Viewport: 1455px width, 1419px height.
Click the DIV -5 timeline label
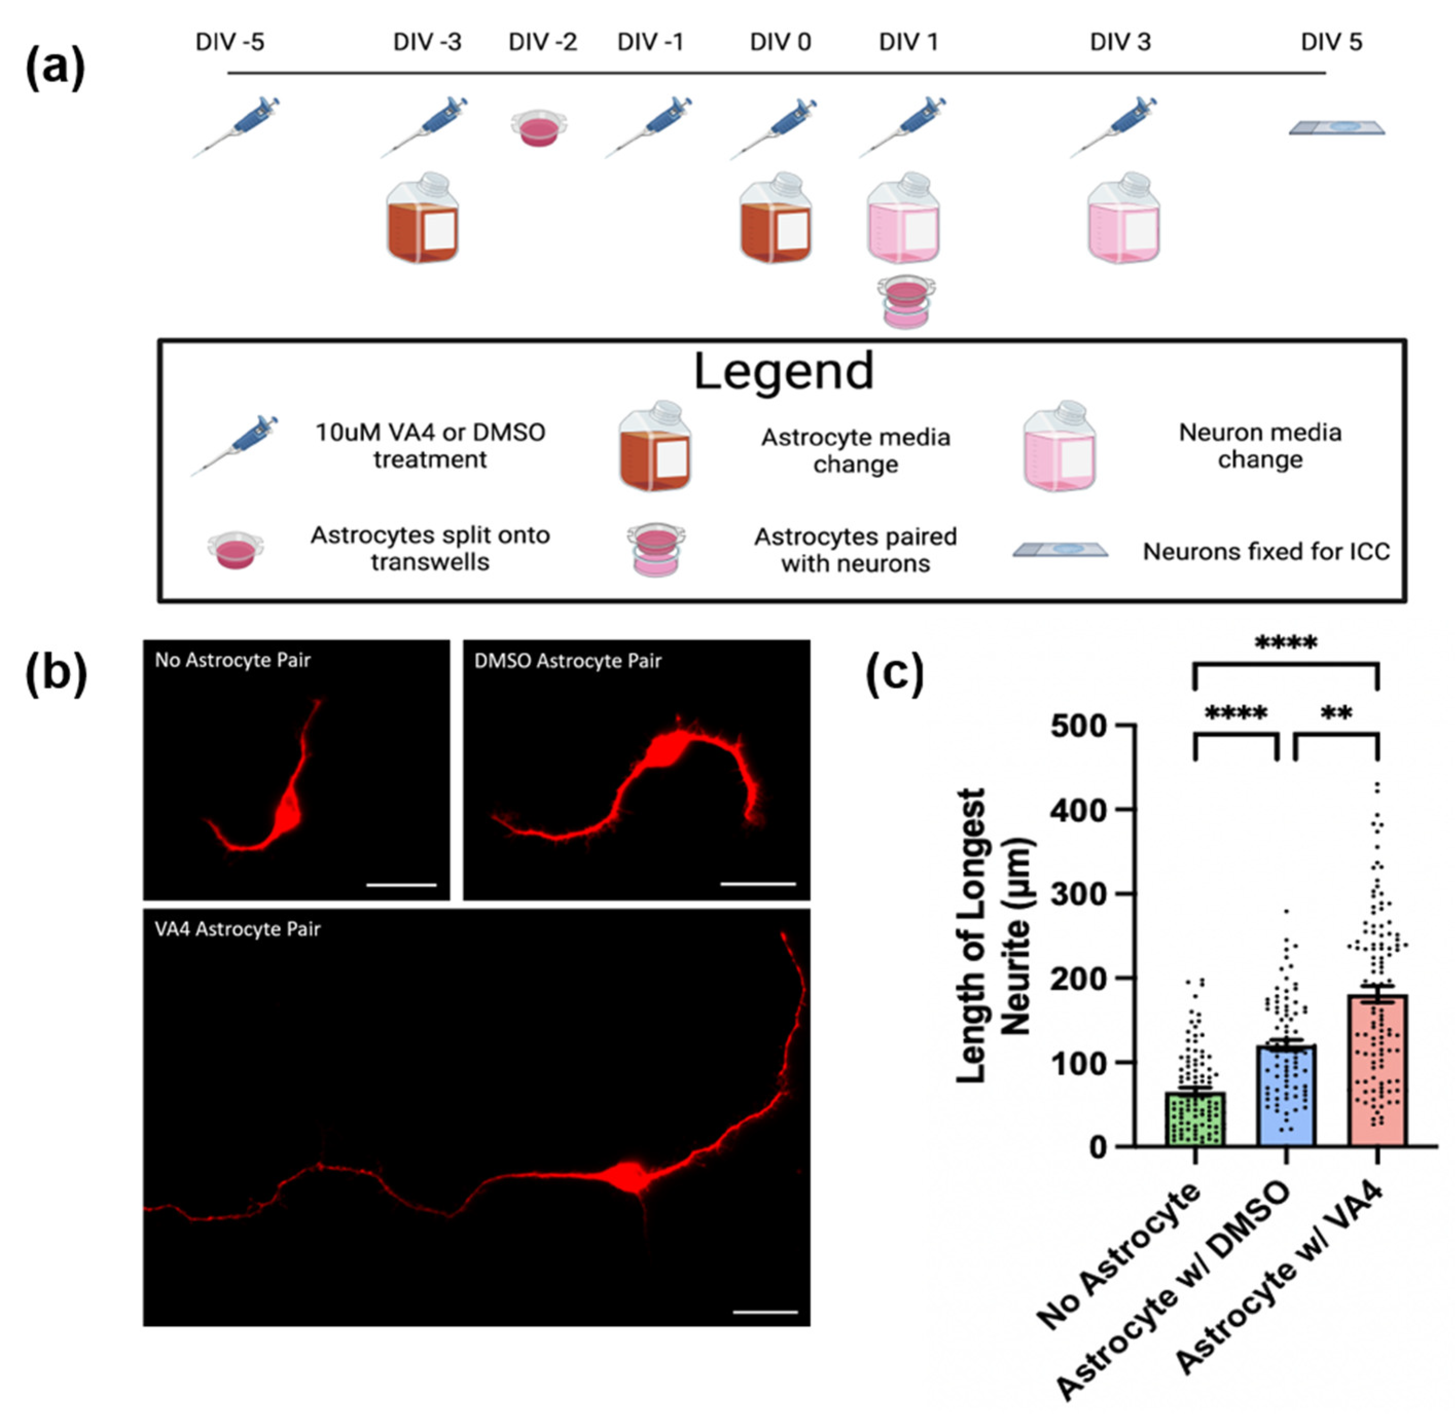tap(230, 43)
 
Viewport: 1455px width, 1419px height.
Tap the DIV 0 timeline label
tap(779, 43)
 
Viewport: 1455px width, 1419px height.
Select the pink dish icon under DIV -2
tap(539, 128)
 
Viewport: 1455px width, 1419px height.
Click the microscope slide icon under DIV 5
tap(1336, 128)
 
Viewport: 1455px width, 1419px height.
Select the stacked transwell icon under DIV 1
tap(906, 301)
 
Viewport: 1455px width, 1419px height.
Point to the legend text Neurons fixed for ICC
tap(1266, 552)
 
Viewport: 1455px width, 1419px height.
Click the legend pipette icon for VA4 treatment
tap(235, 445)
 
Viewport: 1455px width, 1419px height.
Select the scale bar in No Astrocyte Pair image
tap(401, 885)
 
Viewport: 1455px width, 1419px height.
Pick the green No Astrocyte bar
tap(1195, 1118)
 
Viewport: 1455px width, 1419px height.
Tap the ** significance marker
tap(1336, 713)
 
